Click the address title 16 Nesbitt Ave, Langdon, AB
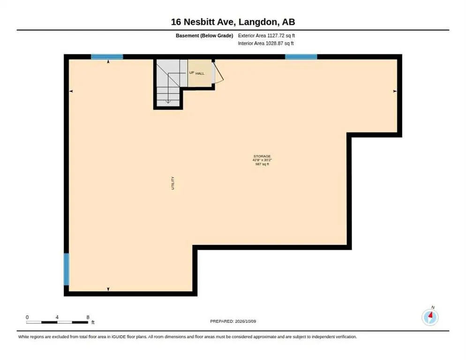click(x=233, y=22)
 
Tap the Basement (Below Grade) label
click(x=204, y=36)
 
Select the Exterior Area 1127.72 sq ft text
click(x=266, y=36)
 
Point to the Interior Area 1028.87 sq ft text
click(x=266, y=44)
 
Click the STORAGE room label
click(x=262, y=156)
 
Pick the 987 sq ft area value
click(x=262, y=164)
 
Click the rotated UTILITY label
click(x=173, y=183)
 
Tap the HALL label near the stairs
click(x=200, y=74)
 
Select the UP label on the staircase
click(x=192, y=73)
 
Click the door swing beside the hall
click(x=219, y=72)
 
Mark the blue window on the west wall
click(x=67, y=270)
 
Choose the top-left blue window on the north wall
click(x=107, y=57)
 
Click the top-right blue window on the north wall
click(x=301, y=57)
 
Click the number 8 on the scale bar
click(x=88, y=317)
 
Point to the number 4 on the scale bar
click(x=57, y=317)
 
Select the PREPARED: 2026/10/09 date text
click(x=233, y=322)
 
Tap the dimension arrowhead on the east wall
click(x=395, y=91)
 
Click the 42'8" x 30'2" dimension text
click(x=262, y=160)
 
